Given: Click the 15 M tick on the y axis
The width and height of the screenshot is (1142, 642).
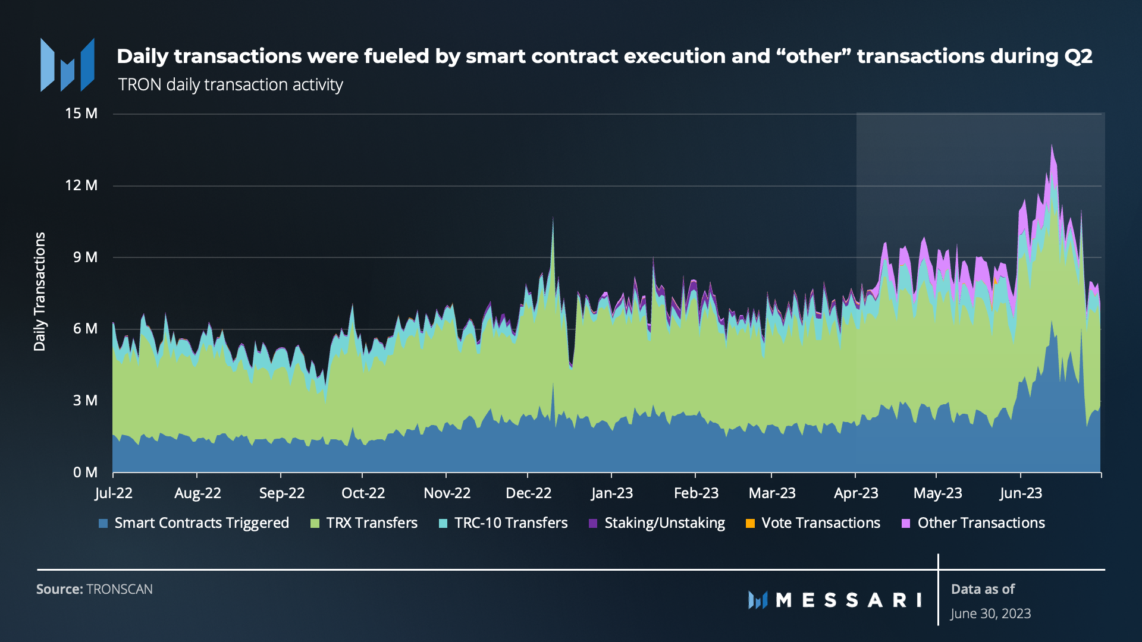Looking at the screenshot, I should click(x=81, y=114).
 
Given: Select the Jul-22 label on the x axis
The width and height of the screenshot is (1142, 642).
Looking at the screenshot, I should click(x=114, y=493).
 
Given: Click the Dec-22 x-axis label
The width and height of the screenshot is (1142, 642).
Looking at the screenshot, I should click(x=528, y=493).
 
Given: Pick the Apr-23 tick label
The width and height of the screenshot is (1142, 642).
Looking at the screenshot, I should click(x=856, y=493).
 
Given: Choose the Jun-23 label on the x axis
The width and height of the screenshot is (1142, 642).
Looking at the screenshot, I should click(x=1021, y=493).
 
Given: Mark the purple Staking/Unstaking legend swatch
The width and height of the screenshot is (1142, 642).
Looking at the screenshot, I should click(x=593, y=524).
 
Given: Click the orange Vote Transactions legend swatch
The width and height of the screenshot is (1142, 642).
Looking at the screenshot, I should click(x=750, y=524).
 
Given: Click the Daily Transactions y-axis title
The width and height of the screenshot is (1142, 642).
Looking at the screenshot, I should click(x=40, y=291).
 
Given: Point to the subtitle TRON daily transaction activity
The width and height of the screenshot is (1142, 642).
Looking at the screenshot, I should click(x=230, y=85).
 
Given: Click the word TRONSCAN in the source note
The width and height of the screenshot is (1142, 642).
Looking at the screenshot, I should click(x=120, y=589).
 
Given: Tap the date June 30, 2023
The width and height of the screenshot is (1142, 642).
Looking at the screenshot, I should click(x=990, y=613).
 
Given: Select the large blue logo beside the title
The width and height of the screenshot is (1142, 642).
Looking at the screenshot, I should click(x=67, y=65).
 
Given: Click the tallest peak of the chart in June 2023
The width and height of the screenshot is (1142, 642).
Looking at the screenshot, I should click(x=1052, y=145).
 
